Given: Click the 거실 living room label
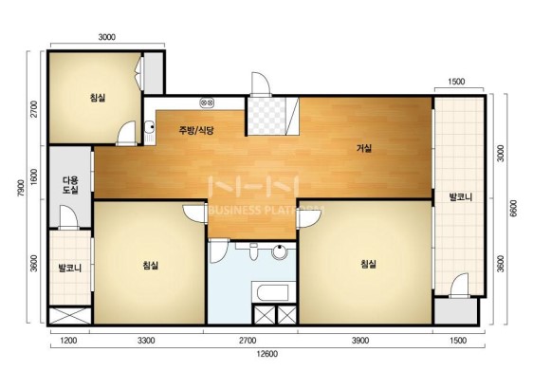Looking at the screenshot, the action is [x=364, y=148].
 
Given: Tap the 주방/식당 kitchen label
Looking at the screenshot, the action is [x=196, y=130].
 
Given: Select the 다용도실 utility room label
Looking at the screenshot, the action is [x=70, y=185].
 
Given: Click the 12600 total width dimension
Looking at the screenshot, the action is [x=267, y=354].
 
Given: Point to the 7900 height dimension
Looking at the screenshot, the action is [x=21, y=188].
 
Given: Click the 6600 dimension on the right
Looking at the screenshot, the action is [x=513, y=209].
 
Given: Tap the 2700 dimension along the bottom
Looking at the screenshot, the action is [x=248, y=341].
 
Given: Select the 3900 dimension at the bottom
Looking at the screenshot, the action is [x=360, y=341].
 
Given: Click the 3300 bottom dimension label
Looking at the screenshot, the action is [x=146, y=341].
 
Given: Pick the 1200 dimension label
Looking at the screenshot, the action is [x=68, y=341].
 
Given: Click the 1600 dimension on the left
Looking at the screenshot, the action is [x=34, y=176].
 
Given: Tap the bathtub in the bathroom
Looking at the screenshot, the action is [x=274, y=292].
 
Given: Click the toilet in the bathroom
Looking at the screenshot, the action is [x=253, y=251].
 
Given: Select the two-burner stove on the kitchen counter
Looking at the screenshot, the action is [x=207, y=102].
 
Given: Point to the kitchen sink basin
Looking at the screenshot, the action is [x=149, y=127].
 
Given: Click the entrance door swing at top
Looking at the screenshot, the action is [x=261, y=84].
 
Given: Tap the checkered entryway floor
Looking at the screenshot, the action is [x=266, y=116].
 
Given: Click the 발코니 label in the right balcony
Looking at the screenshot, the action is [x=461, y=197].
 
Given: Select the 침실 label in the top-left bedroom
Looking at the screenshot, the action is [x=98, y=98].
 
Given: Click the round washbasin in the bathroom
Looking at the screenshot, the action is [x=280, y=252].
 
